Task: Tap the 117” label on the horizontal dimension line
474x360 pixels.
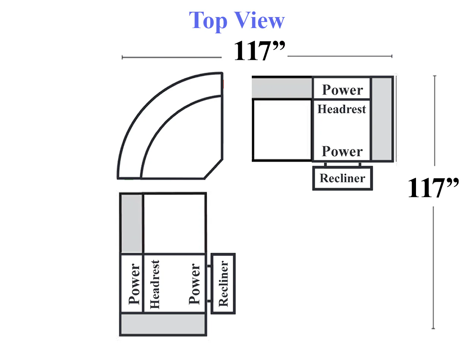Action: point(259,50)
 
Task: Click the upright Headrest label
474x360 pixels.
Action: point(341,109)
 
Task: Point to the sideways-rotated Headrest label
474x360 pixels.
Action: point(155,284)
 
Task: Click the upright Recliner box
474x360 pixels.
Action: point(342,178)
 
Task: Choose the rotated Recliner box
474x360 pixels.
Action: point(223,283)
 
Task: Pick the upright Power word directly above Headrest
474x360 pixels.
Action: point(342,90)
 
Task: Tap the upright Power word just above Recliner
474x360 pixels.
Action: point(342,151)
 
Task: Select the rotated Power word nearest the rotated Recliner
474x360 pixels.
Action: point(195,284)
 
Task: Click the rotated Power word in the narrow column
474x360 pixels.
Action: point(134,284)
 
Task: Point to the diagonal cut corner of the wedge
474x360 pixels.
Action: point(213,169)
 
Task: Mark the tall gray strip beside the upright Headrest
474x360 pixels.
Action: point(382,119)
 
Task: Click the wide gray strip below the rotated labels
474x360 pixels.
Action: point(163,324)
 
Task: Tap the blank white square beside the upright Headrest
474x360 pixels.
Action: point(282,130)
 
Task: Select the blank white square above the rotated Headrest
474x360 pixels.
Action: point(174,224)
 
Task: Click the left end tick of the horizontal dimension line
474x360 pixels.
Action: point(122,57)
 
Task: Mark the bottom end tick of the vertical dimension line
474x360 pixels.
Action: point(433,329)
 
